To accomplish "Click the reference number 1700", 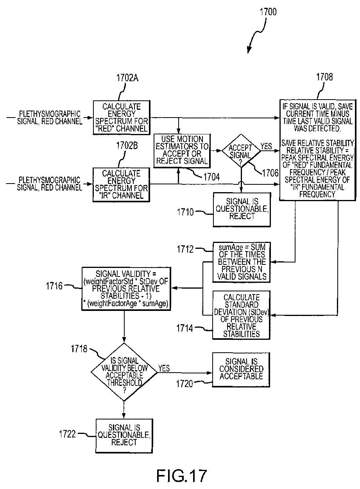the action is (x=268, y=12).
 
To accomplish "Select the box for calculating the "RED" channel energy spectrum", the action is (x=122, y=118).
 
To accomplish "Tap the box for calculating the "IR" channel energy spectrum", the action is (x=121, y=184).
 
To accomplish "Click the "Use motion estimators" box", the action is (x=182, y=151).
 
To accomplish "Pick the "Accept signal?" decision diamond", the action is (x=241, y=151).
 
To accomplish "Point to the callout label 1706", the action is (x=270, y=173).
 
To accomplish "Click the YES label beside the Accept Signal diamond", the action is (x=266, y=146).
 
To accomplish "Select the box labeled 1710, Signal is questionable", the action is (x=242, y=210).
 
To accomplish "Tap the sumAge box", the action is (x=242, y=262).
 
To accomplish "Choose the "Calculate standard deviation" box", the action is (x=242, y=315).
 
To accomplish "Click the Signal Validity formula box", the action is (x=126, y=288).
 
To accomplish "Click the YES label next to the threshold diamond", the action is (x=164, y=368).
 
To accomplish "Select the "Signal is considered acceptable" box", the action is (x=241, y=369).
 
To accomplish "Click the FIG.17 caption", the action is (x=181, y=476).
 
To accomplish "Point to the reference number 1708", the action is (x=324, y=77).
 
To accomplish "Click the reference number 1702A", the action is (x=127, y=78).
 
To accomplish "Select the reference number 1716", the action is (x=54, y=286).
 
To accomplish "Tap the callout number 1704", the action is (x=212, y=177).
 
